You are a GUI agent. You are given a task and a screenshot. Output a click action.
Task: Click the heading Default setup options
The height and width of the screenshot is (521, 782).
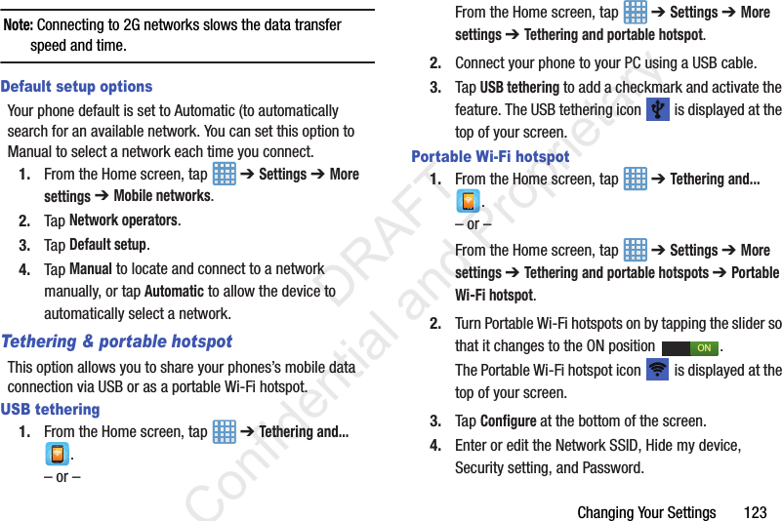click(77, 87)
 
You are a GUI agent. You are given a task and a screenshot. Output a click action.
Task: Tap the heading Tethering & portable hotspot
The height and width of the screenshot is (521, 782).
click(117, 341)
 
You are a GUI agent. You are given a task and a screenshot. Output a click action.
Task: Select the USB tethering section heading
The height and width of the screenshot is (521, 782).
click(51, 410)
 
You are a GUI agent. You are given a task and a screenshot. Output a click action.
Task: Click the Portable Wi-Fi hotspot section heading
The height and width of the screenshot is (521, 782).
click(490, 156)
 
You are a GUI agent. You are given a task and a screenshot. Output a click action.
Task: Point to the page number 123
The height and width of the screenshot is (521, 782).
click(755, 512)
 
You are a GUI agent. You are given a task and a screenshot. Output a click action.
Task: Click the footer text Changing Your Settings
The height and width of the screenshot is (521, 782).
click(646, 512)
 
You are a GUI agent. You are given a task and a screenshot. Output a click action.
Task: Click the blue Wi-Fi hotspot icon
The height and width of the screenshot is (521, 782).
click(658, 371)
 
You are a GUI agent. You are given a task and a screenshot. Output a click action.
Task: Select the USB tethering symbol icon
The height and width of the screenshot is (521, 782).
click(658, 109)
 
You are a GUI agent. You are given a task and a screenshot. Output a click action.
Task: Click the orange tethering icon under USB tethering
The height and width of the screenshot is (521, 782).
click(58, 455)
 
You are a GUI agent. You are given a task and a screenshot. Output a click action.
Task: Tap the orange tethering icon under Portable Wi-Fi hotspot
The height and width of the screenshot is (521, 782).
click(469, 202)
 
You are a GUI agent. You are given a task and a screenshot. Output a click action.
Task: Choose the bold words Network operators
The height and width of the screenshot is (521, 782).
click(124, 220)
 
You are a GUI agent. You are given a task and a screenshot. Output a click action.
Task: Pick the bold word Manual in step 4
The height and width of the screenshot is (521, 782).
click(91, 268)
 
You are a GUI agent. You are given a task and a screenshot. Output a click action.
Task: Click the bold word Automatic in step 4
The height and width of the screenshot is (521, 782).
click(174, 291)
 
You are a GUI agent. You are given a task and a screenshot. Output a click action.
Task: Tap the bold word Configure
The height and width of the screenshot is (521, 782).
click(508, 421)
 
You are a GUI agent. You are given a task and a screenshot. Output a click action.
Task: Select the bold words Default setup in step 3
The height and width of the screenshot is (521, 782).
click(108, 244)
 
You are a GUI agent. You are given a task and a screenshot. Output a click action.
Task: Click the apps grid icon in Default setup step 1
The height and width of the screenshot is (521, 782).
click(224, 174)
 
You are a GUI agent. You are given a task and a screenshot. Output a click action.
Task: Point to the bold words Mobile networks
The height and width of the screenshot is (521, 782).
click(162, 195)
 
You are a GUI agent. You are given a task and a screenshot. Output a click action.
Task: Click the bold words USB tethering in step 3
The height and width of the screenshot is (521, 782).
click(519, 87)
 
